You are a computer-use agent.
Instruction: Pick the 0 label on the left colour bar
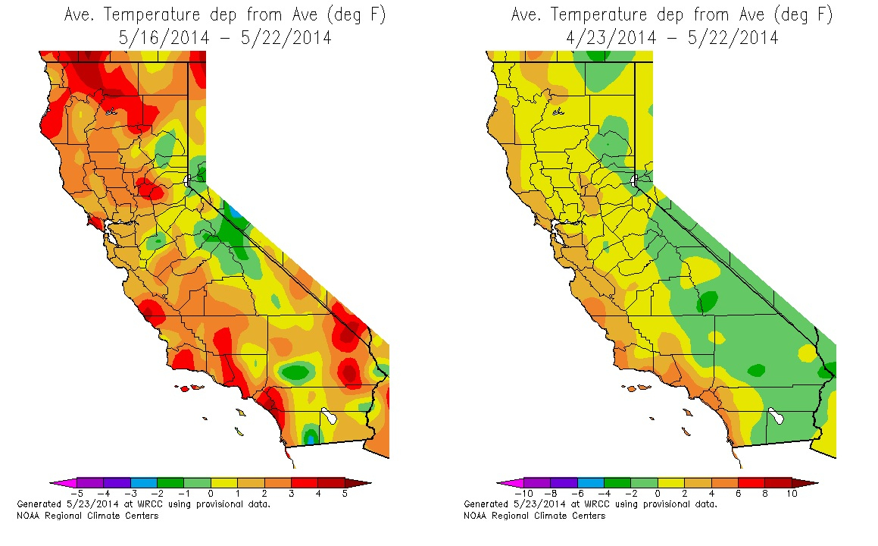[210, 494]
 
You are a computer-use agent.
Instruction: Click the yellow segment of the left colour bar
[223, 482]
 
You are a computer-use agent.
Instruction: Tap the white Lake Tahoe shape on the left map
[188, 180]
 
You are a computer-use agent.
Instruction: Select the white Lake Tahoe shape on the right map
[635, 180]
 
